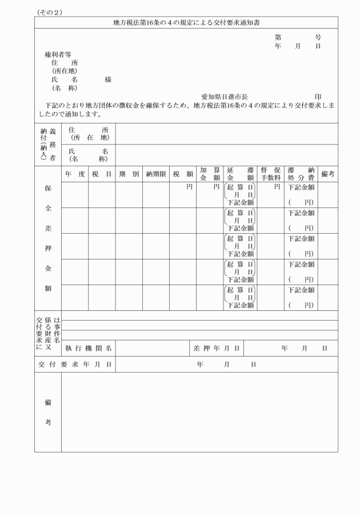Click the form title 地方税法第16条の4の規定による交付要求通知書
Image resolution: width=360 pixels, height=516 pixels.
pos(186,22)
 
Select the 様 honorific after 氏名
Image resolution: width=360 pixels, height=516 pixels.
pos(108,80)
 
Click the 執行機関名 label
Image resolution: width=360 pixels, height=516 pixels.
pos(88,347)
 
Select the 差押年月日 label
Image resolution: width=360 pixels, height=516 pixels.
pos(217,347)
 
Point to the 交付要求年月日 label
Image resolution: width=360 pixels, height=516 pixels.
pos(75,364)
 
